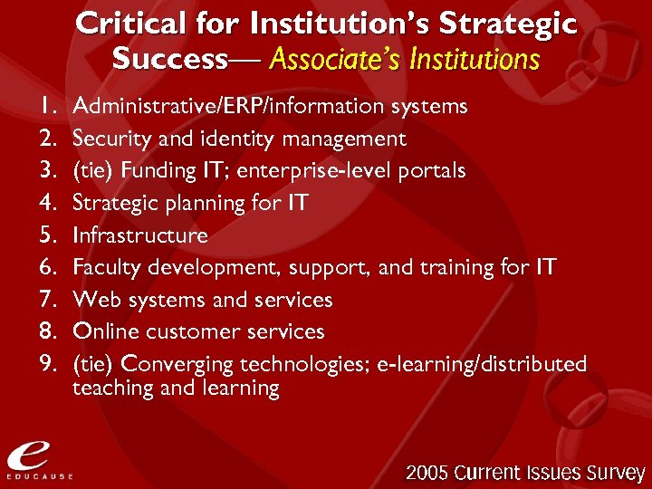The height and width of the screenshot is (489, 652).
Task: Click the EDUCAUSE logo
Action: tap(37, 460)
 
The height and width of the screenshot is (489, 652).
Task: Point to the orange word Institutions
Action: tap(475, 60)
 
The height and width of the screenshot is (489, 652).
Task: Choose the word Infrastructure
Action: tap(140, 235)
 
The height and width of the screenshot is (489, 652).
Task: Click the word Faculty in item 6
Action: tap(104, 268)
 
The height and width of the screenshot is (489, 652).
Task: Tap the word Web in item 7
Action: tap(93, 300)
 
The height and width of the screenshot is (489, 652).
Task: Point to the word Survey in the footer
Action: tap(612, 473)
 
